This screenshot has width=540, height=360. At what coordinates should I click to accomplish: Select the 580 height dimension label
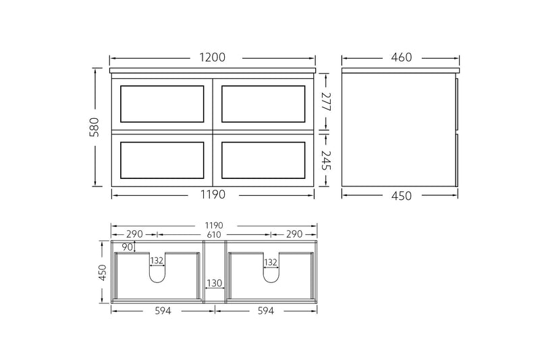tap(94, 126)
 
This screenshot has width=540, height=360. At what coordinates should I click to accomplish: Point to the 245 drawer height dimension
tap(326, 160)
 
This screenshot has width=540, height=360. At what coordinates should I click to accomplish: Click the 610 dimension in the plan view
tap(214, 234)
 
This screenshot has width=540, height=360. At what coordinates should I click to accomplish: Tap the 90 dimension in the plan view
tap(128, 247)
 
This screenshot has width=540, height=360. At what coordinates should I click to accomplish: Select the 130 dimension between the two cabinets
tap(214, 284)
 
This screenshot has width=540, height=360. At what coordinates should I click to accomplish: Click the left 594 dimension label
tap(161, 311)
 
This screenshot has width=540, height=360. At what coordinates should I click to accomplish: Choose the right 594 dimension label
tap(267, 311)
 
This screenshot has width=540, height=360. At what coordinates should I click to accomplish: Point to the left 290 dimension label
tap(135, 234)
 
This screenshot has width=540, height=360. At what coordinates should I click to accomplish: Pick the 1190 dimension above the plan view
tap(214, 225)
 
